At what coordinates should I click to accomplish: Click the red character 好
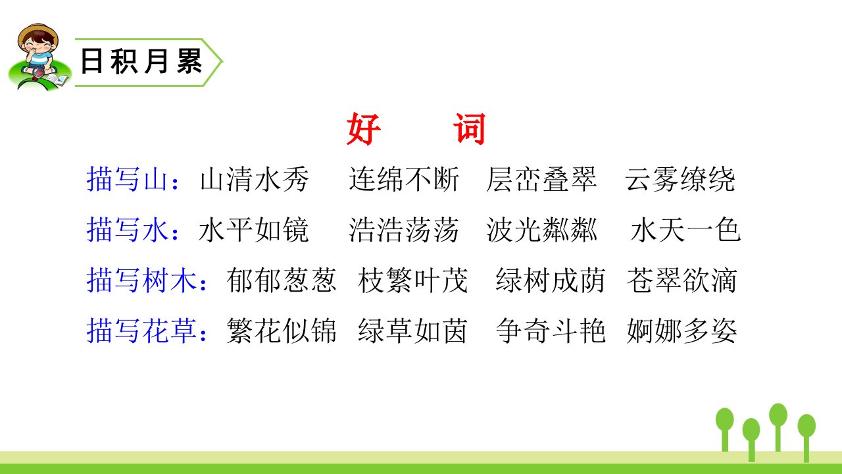point(364,128)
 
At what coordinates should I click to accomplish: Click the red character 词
point(470,128)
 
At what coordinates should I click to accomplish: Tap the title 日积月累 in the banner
point(141,62)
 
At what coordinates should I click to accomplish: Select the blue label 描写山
point(127,179)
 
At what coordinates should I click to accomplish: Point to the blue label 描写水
point(127,230)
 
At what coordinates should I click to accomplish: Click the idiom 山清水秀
point(254,179)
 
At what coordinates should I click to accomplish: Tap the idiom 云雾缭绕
point(680,179)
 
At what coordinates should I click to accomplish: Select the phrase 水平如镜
point(254,230)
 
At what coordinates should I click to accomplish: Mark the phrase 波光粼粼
point(541,230)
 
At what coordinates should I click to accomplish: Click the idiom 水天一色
point(685,230)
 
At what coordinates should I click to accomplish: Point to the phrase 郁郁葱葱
point(282,280)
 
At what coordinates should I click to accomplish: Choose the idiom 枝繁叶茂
point(412,280)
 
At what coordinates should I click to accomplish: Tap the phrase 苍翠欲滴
point(682,280)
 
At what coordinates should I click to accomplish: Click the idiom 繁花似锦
point(282,330)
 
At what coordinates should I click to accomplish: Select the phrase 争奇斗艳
point(551,330)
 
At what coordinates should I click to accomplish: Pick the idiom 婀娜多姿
point(682,330)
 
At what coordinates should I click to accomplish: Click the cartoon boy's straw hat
point(37,33)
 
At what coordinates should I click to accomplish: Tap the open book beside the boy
point(57,80)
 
